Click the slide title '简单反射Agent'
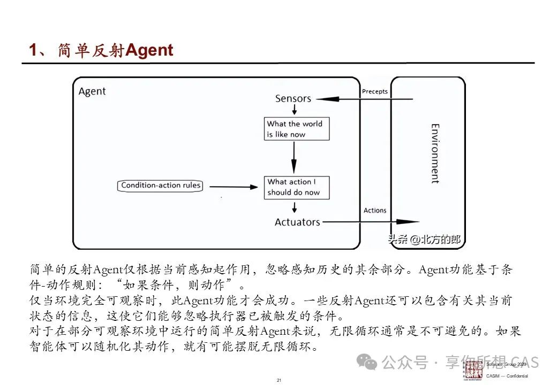pyautogui.click(x=101, y=50)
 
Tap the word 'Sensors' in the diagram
pyautogui.click(x=293, y=98)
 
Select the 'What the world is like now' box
pyautogui.click(x=296, y=129)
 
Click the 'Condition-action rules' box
pyautogui.click(x=161, y=186)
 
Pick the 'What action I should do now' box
pyautogui.click(x=296, y=187)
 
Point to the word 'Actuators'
pyautogui.click(x=297, y=222)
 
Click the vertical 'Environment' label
pyautogui.click(x=435, y=153)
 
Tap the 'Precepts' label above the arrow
pyautogui.click(x=375, y=91)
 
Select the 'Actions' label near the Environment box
pyautogui.click(x=375, y=210)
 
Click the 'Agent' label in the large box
pyautogui.click(x=92, y=91)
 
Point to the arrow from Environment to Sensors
pyautogui.click(x=364, y=99)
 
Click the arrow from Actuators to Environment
pyautogui.click(x=370, y=222)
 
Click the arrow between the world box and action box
pyautogui.click(x=293, y=158)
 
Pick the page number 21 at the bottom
pyautogui.click(x=279, y=380)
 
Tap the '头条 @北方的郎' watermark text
pyautogui.click(x=424, y=240)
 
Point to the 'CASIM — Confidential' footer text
pyautogui.click(x=507, y=376)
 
